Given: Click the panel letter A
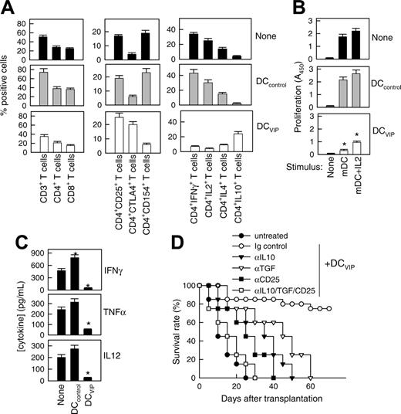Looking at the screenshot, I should point(10,10).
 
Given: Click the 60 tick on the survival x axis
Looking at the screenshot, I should point(310,387).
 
